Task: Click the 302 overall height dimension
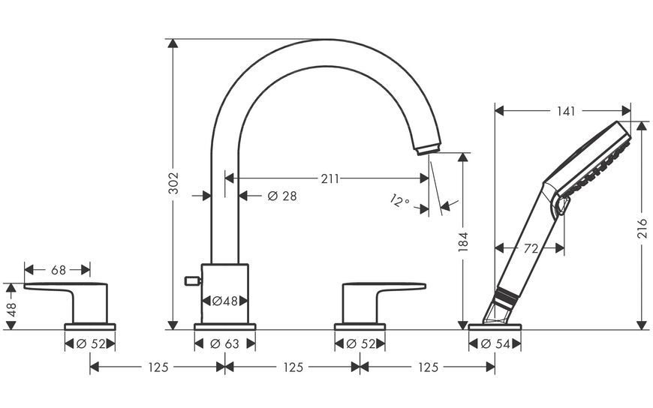(x=173, y=183)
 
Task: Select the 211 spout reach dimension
(x=330, y=178)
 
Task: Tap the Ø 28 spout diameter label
(x=282, y=196)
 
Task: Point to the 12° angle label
(x=400, y=201)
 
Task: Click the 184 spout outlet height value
(x=462, y=241)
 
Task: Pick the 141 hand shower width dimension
(x=566, y=111)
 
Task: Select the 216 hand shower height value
(x=642, y=228)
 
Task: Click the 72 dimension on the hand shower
(x=531, y=248)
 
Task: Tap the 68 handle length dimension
(x=59, y=270)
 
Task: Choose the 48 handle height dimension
(x=11, y=310)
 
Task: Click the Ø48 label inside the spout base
(x=225, y=301)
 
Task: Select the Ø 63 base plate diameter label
(x=225, y=344)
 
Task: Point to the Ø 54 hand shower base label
(x=495, y=344)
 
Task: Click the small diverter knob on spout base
(x=193, y=281)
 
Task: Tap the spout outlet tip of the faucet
(x=428, y=149)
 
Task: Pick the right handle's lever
(x=384, y=286)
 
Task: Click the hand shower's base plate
(x=495, y=327)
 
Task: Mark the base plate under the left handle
(x=90, y=327)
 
